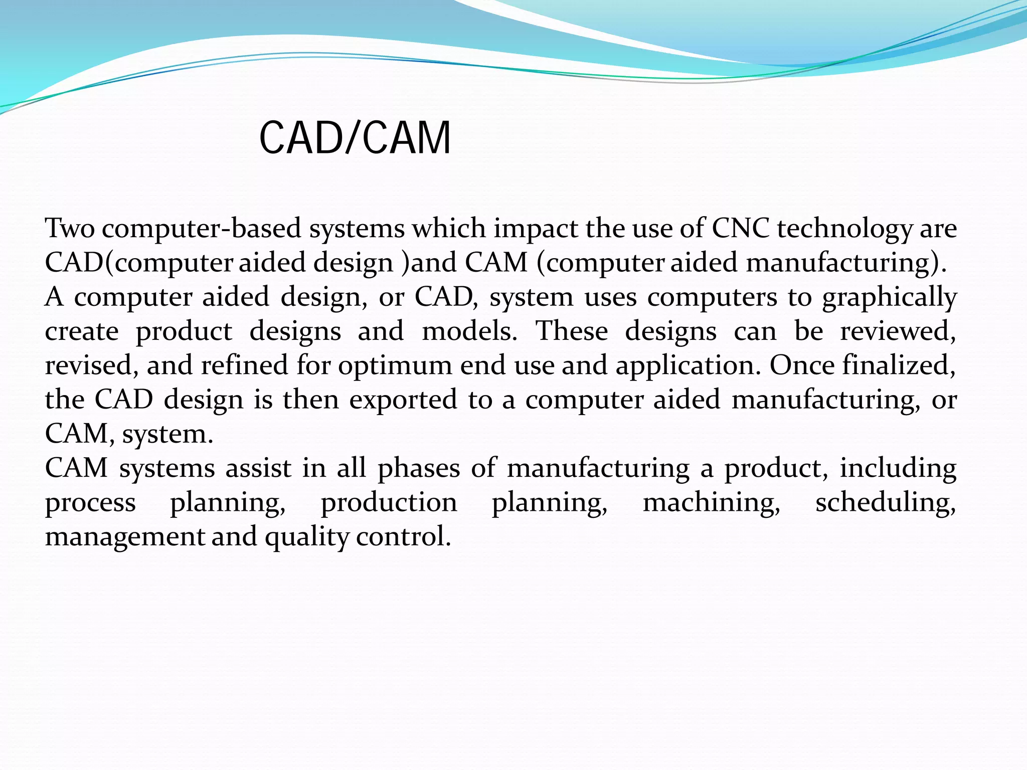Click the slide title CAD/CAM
pyautogui.click(x=355, y=138)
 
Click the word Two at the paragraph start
pyautogui.click(x=70, y=229)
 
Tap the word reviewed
pyautogui.click(x=898, y=331)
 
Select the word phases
pyautogui.click(x=419, y=469)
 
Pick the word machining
pyautogui.click(x=712, y=503)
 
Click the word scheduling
pyautogui.click(x=886, y=503)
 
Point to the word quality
pyautogui.click(x=306, y=537)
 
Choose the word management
pyautogui.click(x=125, y=537)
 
